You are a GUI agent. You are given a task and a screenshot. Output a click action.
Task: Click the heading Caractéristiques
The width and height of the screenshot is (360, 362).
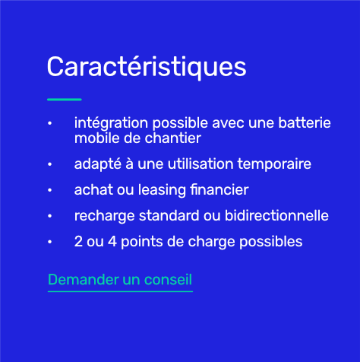(147, 67)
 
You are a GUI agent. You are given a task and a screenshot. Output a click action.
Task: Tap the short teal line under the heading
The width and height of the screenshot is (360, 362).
(64, 99)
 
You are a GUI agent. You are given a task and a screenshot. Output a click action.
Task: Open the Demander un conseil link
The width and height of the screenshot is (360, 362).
(120, 280)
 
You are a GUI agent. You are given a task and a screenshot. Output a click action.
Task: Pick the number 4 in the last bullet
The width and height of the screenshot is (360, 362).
(106, 242)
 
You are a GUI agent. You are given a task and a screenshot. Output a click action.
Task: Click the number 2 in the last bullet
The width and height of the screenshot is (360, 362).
(78, 242)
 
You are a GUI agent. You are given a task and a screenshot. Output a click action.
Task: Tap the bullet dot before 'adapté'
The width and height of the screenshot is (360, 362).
(50, 164)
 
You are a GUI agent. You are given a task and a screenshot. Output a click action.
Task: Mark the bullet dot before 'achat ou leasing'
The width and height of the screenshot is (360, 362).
(50, 190)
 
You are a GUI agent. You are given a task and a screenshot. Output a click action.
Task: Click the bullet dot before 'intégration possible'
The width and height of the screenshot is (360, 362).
(50, 123)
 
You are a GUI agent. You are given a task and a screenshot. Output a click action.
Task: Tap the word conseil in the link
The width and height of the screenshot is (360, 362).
(171, 280)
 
